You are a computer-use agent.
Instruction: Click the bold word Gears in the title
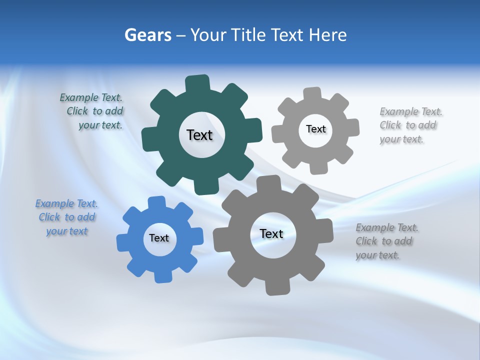pyautogui.click(x=147, y=35)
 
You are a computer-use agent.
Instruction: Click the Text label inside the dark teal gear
pyautogui.click(x=199, y=135)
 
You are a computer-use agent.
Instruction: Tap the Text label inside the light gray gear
pyautogui.click(x=315, y=129)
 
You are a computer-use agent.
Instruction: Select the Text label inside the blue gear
pyautogui.click(x=159, y=238)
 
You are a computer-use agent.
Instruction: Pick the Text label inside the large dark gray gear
pyautogui.click(x=271, y=234)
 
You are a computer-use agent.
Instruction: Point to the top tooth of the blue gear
pyautogui.click(x=156, y=202)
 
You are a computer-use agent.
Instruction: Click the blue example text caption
pyautogui.click(x=66, y=217)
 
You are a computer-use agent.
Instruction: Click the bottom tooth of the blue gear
pyautogui.click(x=162, y=276)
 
